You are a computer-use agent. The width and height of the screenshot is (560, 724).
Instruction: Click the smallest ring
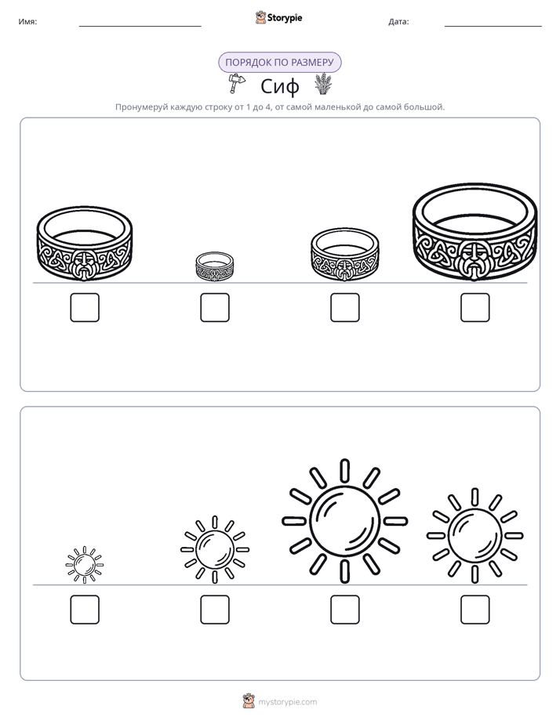[x=214, y=276]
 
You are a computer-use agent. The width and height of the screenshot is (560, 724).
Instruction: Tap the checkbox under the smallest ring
[x=215, y=307]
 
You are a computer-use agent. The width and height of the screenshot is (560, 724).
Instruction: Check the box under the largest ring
[x=475, y=307]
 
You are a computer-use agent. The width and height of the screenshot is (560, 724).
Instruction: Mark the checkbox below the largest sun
[x=344, y=610]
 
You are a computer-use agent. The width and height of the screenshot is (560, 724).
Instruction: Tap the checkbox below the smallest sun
[x=85, y=610]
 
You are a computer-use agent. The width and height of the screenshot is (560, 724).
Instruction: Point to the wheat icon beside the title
[x=324, y=84]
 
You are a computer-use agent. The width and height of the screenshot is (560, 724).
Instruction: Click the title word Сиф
[x=279, y=86]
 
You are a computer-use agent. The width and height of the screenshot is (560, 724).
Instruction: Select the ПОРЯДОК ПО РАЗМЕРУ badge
[x=279, y=63]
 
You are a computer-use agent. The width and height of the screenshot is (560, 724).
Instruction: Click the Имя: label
[x=27, y=22]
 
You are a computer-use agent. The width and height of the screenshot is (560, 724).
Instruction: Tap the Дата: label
[x=398, y=22]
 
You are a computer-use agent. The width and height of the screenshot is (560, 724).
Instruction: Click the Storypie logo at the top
[x=278, y=17]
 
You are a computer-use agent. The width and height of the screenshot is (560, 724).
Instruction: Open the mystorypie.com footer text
[x=287, y=702]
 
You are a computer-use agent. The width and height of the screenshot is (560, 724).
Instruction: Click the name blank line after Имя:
[x=140, y=27]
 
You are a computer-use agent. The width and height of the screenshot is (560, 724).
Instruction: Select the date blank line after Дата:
[x=493, y=27]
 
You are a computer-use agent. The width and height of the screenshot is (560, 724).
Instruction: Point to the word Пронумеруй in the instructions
[x=141, y=107]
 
